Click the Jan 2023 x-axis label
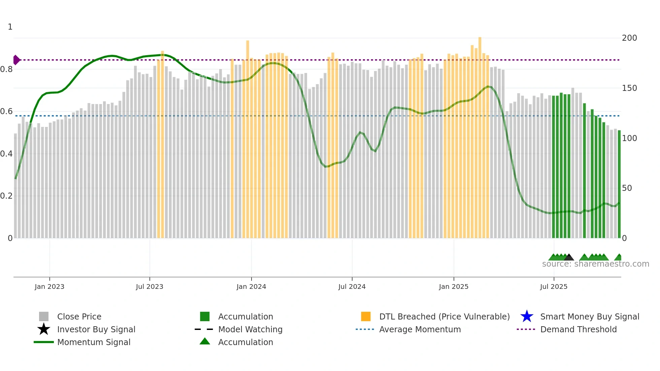[49, 286]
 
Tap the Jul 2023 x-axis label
[150, 286]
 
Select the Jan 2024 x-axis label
[251, 286]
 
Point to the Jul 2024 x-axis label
[352, 286]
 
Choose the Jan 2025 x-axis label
[454, 286]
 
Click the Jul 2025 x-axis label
[554, 286]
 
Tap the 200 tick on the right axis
[629, 38]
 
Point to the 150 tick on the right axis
[629, 88]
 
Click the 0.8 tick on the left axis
[6, 69]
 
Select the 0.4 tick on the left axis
[6, 154]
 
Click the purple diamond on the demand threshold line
[16, 60]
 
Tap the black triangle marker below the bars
[569, 258]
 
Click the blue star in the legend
[527, 316]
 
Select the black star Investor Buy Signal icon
[44, 329]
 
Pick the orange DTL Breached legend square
[366, 316]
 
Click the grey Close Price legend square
[44, 316]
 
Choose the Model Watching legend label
[250, 329]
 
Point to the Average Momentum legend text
[420, 329]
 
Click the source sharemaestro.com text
[595, 264]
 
